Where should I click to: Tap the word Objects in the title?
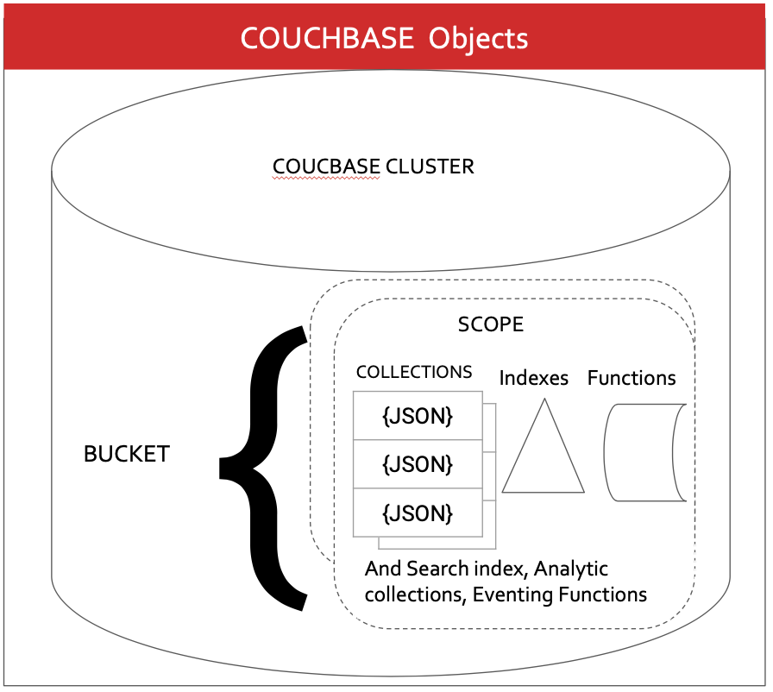click(x=479, y=39)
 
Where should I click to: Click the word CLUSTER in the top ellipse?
click(x=430, y=167)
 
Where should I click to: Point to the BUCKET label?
click(x=127, y=455)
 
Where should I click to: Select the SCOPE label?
click(x=490, y=324)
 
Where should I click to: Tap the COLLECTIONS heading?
click(x=414, y=372)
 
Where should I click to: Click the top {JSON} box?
click(x=418, y=416)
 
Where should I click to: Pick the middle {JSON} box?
click(x=418, y=464)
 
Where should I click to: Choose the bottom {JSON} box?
click(x=418, y=513)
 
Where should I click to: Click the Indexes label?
click(x=534, y=378)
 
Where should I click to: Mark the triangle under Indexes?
click(x=544, y=453)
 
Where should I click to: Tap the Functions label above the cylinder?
click(x=632, y=378)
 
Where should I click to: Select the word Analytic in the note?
click(x=569, y=569)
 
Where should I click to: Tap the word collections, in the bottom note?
click(x=415, y=594)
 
